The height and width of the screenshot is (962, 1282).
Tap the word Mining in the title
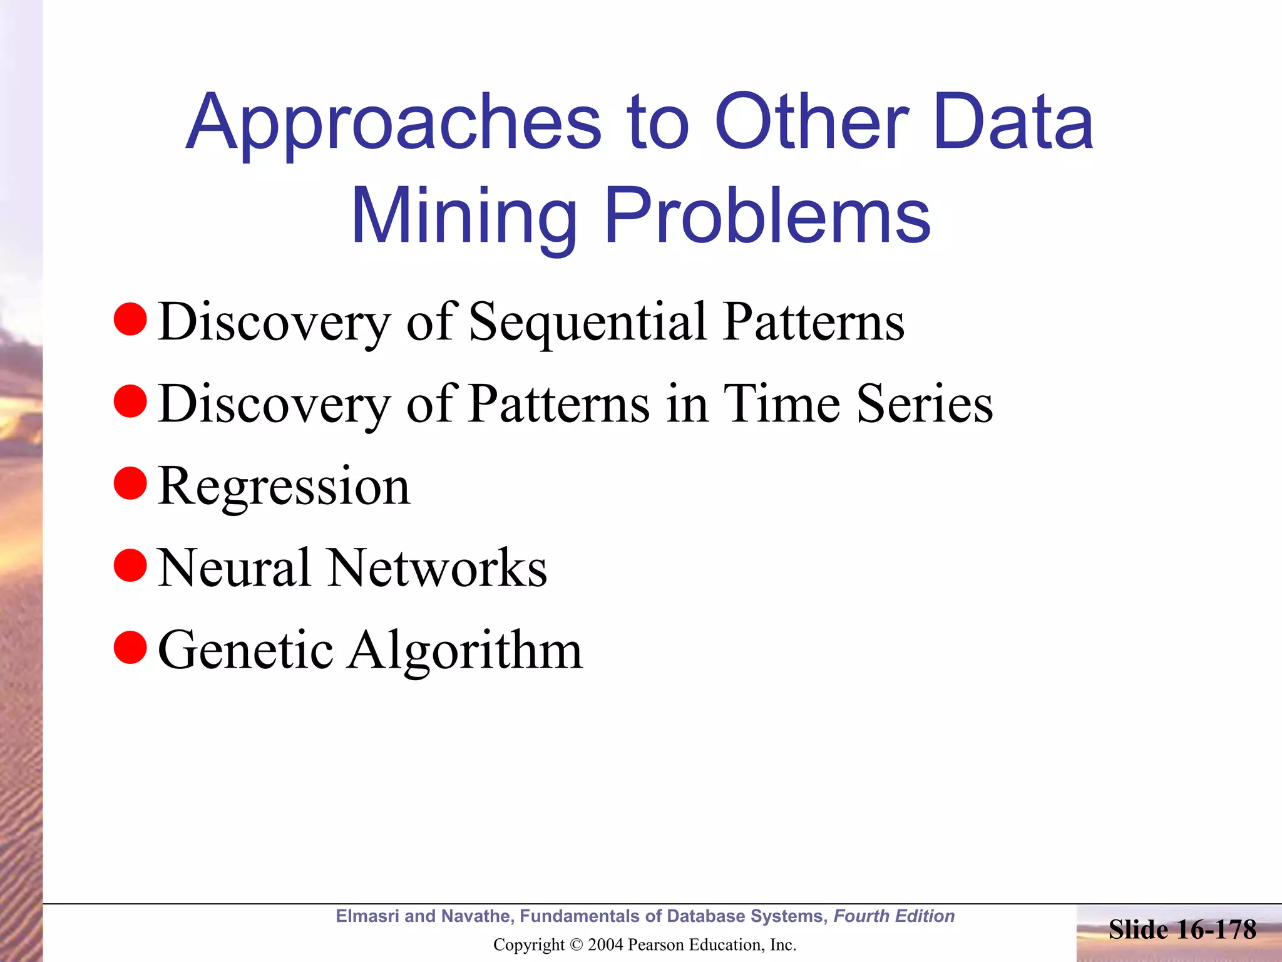(x=463, y=216)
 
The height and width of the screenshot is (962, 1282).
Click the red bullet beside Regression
(x=130, y=484)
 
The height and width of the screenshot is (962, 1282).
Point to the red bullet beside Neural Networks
(x=130, y=566)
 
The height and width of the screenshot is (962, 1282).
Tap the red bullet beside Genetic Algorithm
(x=130, y=648)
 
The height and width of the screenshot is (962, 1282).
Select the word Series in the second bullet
(x=925, y=404)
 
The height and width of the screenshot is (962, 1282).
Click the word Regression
(x=284, y=486)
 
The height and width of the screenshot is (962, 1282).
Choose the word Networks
(x=438, y=568)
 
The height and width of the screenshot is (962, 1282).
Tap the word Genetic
(x=245, y=650)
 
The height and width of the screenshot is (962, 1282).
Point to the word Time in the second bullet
(x=782, y=404)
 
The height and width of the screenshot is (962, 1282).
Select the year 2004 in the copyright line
(x=605, y=944)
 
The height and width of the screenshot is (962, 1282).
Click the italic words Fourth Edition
(x=894, y=916)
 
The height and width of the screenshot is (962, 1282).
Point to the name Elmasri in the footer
(x=367, y=916)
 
